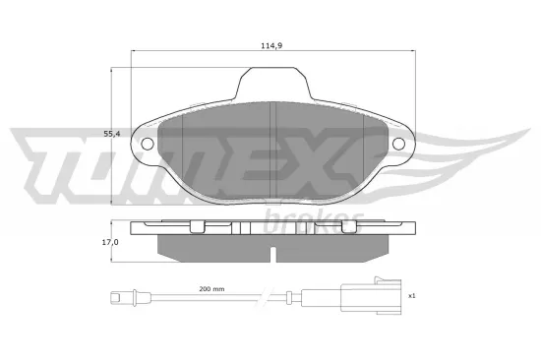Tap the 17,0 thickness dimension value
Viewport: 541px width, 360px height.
pos(111,240)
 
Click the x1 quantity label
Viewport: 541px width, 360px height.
pos(411,295)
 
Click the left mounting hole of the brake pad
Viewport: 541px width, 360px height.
pos(149,145)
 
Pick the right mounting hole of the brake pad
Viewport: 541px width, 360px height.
pos(400,145)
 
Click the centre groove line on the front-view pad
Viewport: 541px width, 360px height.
pos(271,148)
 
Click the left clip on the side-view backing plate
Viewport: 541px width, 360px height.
pos(197,228)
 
